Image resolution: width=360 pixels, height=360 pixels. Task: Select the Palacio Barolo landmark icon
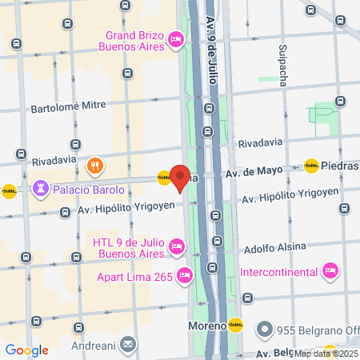(39, 190)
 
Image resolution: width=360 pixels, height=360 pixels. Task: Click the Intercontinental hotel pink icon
(329, 272)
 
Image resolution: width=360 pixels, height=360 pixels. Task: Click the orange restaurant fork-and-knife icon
(94, 166)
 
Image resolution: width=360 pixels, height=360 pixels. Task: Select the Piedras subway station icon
(311, 166)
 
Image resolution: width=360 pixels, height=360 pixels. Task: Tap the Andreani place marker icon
(129, 343)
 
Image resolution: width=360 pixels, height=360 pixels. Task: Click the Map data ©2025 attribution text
(325, 354)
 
